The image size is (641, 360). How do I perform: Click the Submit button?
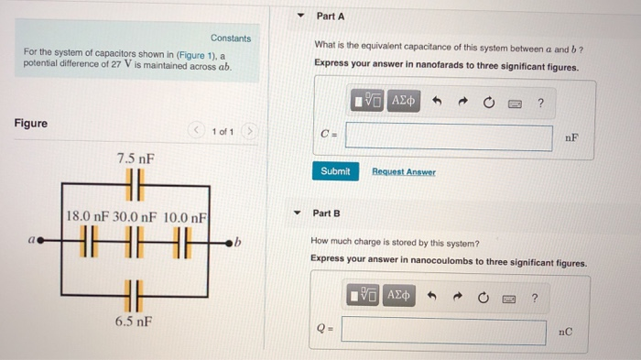coord(335,171)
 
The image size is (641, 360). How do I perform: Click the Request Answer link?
coord(404,172)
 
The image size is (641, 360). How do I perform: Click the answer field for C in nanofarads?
coord(449,137)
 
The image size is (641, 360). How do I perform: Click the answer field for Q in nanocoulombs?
coord(443,331)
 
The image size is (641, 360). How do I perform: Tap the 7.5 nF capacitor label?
coord(135,158)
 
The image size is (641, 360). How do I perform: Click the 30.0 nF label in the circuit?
coord(136,217)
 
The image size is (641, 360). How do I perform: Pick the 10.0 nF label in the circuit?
coord(183,217)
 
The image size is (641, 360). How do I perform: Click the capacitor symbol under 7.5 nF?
coord(135,183)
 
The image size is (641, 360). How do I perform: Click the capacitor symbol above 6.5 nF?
coord(135,297)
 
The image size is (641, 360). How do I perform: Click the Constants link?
coord(230,38)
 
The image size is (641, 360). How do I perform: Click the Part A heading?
coord(330,16)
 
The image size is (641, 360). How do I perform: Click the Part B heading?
coord(326,213)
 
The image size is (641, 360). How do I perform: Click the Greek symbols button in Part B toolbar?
coord(400,297)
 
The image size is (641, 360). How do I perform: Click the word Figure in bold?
coord(31,124)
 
